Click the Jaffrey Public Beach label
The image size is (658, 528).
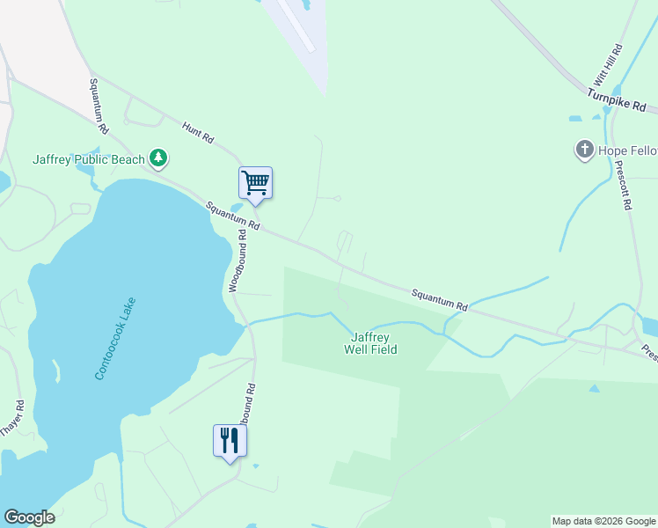pyautogui.click(x=88, y=159)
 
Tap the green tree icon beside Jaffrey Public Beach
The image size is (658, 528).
pyautogui.click(x=158, y=158)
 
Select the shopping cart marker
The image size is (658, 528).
pyautogui.click(x=255, y=183)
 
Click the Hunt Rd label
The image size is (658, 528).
pyautogui.click(x=198, y=133)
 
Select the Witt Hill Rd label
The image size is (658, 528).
pyautogui.click(x=614, y=64)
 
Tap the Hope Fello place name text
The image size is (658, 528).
pyautogui.click(x=627, y=150)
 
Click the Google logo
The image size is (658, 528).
pyautogui.click(x=29, y=517)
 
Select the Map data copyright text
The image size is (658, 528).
pyautogui.click(x=603, y=521)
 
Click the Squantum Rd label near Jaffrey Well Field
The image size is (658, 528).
pyautogui.click(x=440, y=299)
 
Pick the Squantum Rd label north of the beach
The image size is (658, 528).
pyautogui.click(x=98, y=106)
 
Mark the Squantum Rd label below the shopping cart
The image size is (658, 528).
pyautogui.click(x=232, y=216)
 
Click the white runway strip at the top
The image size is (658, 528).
pyautogui.click(x=296, y=26)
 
